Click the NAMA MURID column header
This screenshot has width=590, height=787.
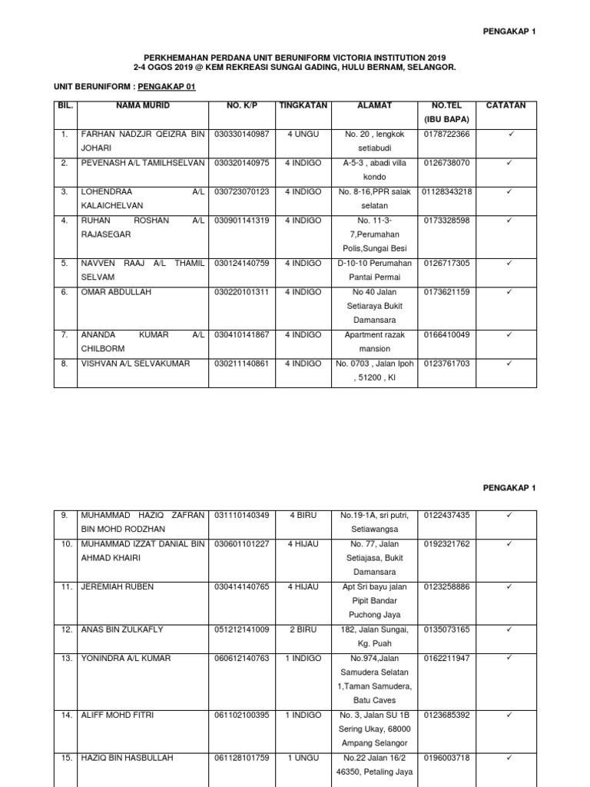point(143,105)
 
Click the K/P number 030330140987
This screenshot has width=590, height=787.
point(242,134)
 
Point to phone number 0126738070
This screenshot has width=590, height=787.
point(447,163)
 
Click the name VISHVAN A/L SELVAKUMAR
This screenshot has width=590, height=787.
point(135,363)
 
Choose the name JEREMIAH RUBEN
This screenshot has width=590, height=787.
point(118,586)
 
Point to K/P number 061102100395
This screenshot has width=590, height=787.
point(242,715)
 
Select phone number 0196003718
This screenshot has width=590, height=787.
point(447,758)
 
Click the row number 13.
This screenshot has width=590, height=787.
point(66,658)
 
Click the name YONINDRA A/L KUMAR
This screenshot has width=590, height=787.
point(126,658)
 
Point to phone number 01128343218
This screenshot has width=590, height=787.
point(447,191)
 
